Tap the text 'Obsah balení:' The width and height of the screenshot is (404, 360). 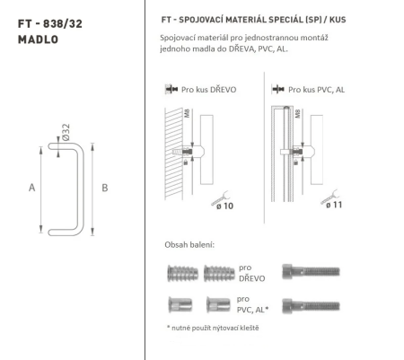(190, 245)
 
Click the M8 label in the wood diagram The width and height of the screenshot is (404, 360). (186, 117)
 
